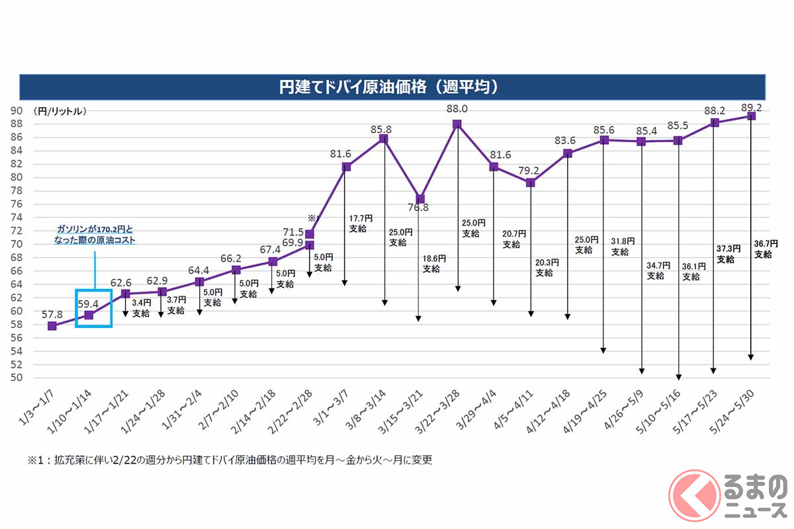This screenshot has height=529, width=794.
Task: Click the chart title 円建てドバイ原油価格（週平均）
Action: (x=393, y=87)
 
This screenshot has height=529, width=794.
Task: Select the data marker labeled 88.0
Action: (x=457, y=124)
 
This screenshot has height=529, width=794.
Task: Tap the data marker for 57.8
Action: (x=52, y=326)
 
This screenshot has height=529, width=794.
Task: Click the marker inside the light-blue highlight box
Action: (x=89, y=315)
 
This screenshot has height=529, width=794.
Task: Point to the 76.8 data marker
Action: (x=419, y=198)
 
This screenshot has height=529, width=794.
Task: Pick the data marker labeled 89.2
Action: (x=751, y=116)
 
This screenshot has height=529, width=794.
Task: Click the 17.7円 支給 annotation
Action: (x=360, y=224)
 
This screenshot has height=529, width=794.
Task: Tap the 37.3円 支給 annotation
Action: (x=725, y=254)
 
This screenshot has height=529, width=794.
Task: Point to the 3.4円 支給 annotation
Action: (x=141, y=308)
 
